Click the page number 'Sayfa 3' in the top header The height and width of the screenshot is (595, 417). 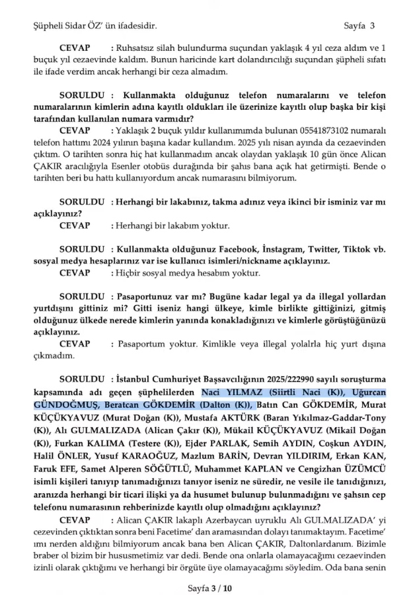[x=360, y=26]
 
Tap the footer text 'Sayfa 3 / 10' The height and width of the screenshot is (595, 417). [x=209, y=586]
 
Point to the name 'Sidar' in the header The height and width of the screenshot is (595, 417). [x=77, y=26]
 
